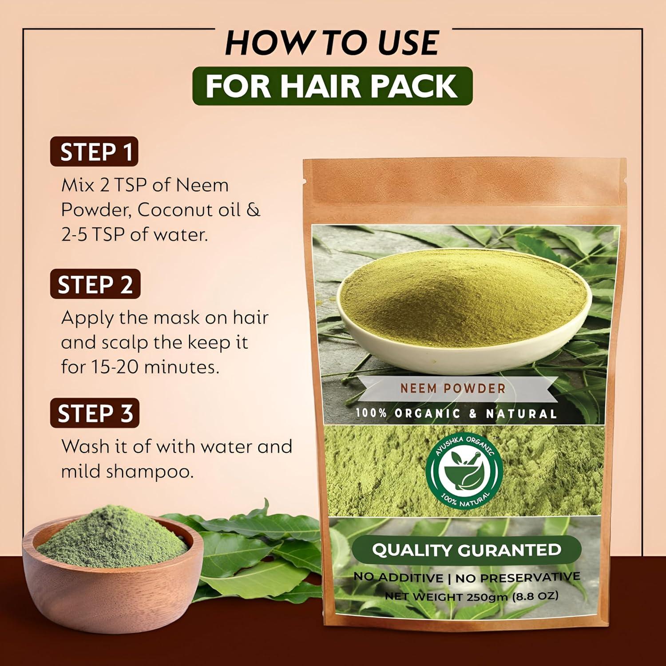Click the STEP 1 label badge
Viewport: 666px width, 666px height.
[x=94, y=152]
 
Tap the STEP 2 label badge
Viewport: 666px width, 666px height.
[x=95, y=284]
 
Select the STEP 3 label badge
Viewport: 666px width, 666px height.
[x=95, y=413]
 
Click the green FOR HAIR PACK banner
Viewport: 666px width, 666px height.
[x=332, y=86]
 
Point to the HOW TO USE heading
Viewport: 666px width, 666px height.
[x=332, y=43]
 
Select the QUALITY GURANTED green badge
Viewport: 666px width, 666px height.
[x=466, y=550]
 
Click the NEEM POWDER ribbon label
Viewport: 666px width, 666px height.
[x=453, y=388]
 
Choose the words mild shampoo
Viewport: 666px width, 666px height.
[x=127, y=472]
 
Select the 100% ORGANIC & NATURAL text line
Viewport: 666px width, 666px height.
[x=456, y=414]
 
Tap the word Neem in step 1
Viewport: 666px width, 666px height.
[x=202, y=185]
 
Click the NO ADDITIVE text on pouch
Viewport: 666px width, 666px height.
[x=398, y=577]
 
